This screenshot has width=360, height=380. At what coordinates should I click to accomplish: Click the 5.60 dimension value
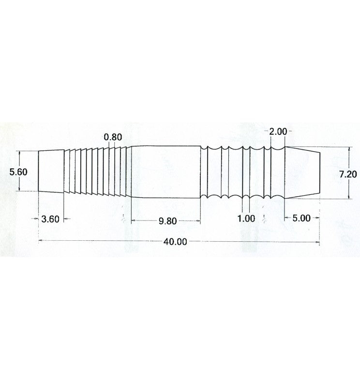18,172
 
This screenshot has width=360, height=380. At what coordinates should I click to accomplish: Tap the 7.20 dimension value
348,174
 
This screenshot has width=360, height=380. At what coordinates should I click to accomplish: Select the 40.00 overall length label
175,242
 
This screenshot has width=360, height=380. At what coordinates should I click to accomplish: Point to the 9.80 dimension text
167,221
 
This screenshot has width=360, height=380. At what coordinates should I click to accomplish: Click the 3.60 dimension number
50,219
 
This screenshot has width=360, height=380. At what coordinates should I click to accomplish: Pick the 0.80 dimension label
113,137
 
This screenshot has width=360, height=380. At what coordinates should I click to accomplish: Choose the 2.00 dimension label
278,132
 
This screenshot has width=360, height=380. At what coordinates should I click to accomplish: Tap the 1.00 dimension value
246,219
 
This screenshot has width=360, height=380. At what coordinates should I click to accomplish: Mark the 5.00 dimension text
301,218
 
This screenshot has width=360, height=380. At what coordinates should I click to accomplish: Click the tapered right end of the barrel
302,173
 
